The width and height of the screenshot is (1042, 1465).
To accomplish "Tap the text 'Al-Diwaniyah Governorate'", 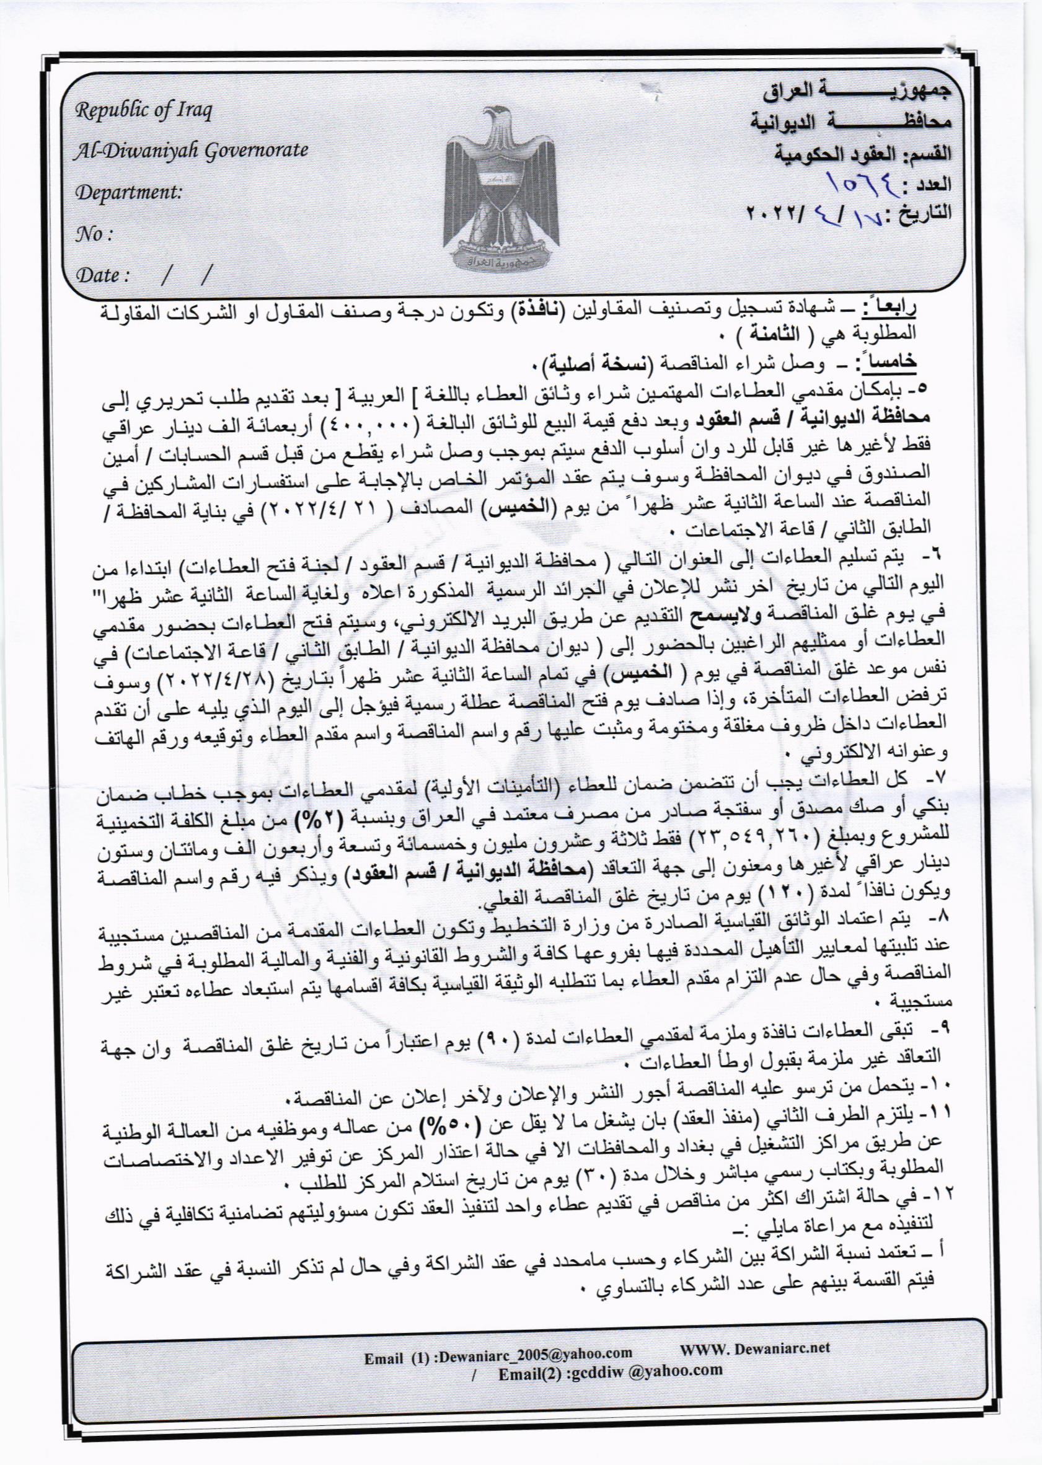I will point(192,151).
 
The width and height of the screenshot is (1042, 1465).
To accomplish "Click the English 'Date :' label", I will point(104,277).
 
